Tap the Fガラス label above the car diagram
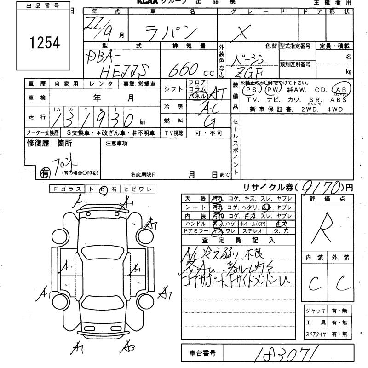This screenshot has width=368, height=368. pos(67,189)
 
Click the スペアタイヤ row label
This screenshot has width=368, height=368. pos(315,333)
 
